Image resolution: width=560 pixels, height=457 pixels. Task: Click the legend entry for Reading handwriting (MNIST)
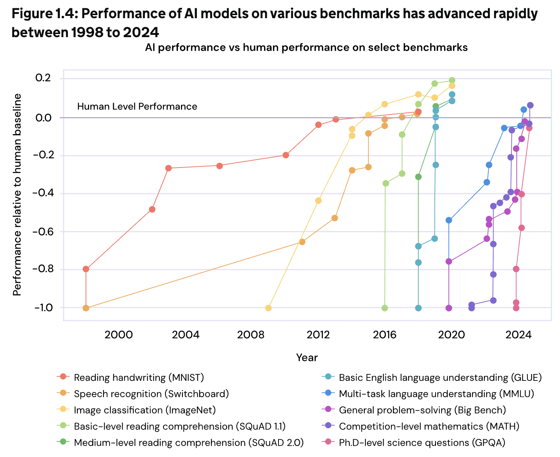click(139, 377)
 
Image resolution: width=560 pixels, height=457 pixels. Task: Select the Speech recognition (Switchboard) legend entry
click(151, 394)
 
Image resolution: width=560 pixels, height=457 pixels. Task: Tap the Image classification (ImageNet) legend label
click(145, 410)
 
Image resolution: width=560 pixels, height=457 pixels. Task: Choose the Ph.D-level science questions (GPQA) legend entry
click(422, 443)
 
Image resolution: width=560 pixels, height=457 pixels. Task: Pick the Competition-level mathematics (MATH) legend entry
click(429, 426)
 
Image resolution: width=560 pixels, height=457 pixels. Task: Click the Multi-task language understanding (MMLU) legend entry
click(436, 394)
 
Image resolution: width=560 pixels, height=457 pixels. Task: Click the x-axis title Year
click(307, 357)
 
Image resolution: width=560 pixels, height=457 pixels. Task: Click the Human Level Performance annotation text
click(137, 106)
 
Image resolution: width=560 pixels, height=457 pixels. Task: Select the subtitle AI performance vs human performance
click(306, 47)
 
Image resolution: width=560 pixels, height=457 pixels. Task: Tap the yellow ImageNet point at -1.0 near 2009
click(268, 308)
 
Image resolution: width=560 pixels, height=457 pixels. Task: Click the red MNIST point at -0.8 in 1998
click(86, 269)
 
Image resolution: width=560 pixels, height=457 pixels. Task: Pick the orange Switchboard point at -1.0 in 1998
click(86, 308)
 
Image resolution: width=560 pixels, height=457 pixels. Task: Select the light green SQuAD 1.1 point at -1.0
click(385, 308)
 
